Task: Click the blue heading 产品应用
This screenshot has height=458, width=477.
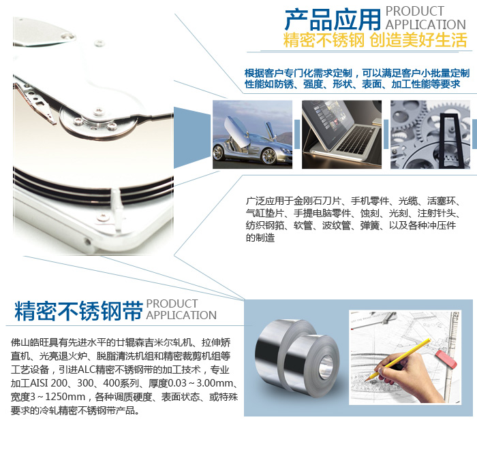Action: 333,20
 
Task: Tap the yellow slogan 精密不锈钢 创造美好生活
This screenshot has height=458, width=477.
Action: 375,39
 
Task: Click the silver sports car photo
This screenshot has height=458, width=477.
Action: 252,135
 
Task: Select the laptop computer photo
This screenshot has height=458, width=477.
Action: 341,135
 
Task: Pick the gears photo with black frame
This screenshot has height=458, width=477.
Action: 430,135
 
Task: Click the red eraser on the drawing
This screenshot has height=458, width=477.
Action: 446,359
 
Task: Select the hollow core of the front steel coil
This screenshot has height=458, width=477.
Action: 326,367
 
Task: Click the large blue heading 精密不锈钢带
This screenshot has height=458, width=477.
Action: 78,311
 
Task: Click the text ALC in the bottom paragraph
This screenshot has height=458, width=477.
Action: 87,370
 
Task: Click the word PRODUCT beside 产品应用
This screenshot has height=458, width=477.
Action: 415,12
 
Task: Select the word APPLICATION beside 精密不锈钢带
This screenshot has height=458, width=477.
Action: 181,315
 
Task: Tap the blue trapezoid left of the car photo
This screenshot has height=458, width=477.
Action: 191,137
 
